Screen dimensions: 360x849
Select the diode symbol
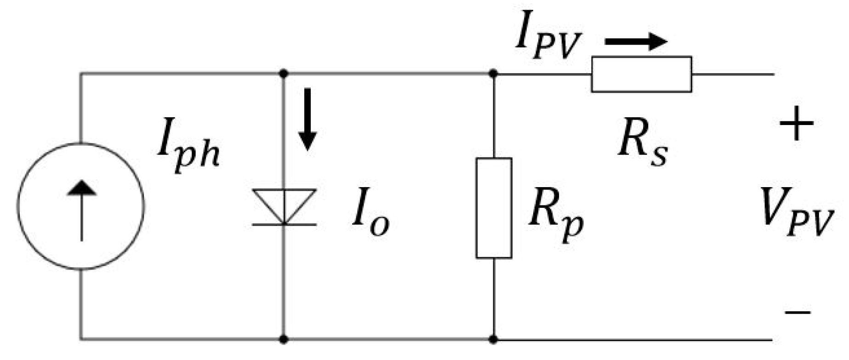(x=284, y=206)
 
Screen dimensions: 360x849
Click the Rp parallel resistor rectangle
(x=494, y=208)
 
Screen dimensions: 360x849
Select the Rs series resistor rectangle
(x=641, y=74)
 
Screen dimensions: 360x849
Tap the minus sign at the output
(x=798, y=313)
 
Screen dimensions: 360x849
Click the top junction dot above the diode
(x=284, y=74)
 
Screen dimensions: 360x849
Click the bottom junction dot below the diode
(x=284, y=340)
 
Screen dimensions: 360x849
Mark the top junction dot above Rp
(x=494, y=74)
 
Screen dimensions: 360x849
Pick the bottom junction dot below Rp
(x=494, y=340)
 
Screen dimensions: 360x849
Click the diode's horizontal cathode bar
(x=284, y=224)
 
